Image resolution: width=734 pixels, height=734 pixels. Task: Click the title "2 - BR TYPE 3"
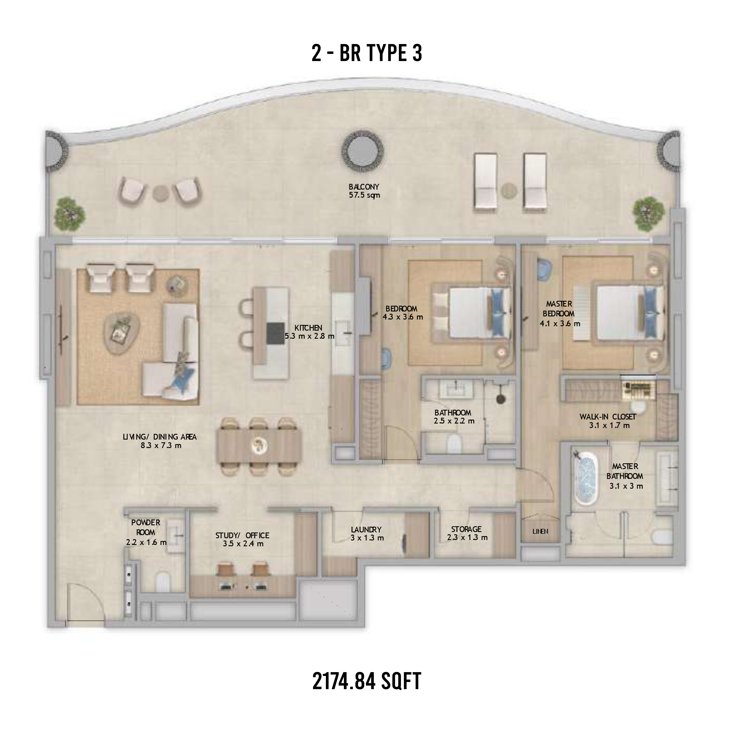[367, 53]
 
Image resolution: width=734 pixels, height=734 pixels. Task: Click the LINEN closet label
[540, 531]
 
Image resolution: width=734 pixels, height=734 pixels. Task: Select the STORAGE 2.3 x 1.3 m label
[467, 533]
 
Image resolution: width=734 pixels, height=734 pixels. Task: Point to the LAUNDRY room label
[366, 530]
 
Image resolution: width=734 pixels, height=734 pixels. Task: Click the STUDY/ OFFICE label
[242, 536]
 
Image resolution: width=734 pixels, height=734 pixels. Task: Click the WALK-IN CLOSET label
[608, 417]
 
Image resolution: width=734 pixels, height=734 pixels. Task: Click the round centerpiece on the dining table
[259, 445]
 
